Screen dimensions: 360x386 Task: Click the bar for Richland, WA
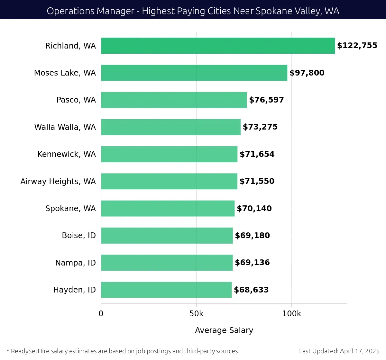(x=218, y=46)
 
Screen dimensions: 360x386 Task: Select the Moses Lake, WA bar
(x=194, y=73)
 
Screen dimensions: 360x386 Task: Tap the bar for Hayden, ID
(x=166, y=290)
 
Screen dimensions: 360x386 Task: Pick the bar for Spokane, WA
(x=168, y=208)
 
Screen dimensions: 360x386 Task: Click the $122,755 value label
(x=357, y=46)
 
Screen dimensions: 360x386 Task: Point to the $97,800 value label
(x=307, y=73)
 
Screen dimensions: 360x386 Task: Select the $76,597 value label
(x=266, y=100)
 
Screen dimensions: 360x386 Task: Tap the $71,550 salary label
(x=257, y=181)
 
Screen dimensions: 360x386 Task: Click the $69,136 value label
(x=252, y=263)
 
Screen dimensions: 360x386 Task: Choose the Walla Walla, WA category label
(x=65, y=127)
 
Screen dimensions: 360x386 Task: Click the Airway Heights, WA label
(x=58, y=182)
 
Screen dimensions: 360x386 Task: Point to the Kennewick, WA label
(x=67, y=154)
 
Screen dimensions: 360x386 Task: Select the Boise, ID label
(x=79, y=236)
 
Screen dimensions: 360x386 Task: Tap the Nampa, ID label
(x=76, y=263)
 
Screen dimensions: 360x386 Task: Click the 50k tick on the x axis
(x=196, y=314)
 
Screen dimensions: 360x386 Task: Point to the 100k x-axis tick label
(x=291, y=314)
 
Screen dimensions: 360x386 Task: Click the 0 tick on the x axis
(x=101, y=314)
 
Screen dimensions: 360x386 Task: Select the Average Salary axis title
(x=224, y=330)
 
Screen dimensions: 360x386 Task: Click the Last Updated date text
(x=339, y=351)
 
